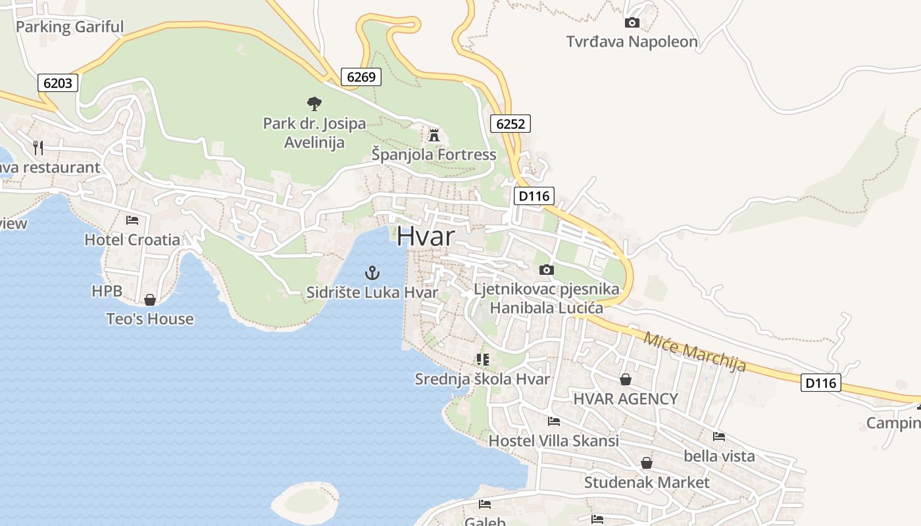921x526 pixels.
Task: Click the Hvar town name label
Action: (x=426, y=236)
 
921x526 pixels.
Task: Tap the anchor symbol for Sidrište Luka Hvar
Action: (x=373, y=272)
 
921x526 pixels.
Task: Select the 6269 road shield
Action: (x=361, y=77)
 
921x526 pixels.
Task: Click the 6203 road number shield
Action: (x=59, y=83)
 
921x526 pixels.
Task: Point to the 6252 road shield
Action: (x=510, y=124)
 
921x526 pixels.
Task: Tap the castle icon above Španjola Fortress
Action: (x=434, y=135)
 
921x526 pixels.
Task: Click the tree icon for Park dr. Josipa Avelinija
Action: (x=314, y=103)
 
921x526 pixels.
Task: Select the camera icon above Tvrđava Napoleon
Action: (x=632, y=23)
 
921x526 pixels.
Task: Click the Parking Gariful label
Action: (x=69, y=27)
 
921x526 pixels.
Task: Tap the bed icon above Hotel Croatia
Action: (x=132, y=220)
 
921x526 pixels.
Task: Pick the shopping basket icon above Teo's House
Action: (x=150, y=300)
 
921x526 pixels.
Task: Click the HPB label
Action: (x=107, y=291)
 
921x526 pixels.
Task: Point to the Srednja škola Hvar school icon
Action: (x=484, y=360)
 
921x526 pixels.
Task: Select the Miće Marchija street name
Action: (x=695, y=351)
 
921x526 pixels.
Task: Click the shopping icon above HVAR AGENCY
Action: (x=625, y=380)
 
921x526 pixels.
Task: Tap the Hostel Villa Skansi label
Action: (x=553, y=441)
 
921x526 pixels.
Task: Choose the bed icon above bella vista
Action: (x=719, y=437)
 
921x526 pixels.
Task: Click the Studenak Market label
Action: (x=647, y=483)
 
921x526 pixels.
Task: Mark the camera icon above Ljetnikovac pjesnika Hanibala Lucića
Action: (x=546, y=270)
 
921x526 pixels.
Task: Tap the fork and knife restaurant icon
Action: (x=38, y=147)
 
